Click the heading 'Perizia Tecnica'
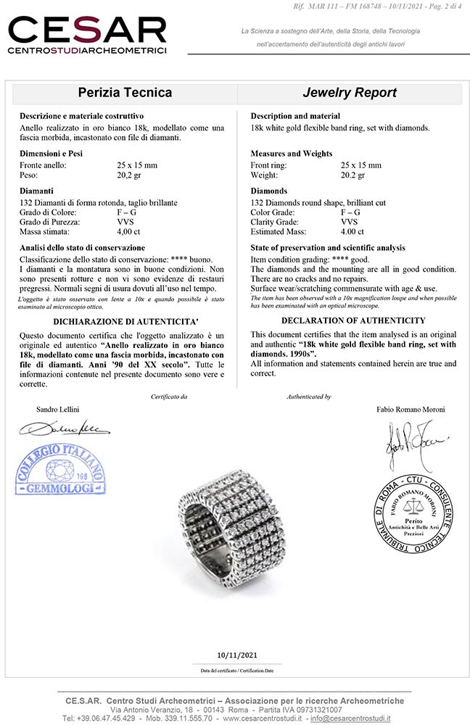tap(125, 93)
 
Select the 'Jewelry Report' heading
tap(350, 93)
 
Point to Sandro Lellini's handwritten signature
tap(64, 428)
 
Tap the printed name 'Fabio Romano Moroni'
tap(411, 410)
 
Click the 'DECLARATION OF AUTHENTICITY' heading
tap(353, 320)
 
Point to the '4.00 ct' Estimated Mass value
tap(352, 232)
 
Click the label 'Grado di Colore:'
tap(49, 212)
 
